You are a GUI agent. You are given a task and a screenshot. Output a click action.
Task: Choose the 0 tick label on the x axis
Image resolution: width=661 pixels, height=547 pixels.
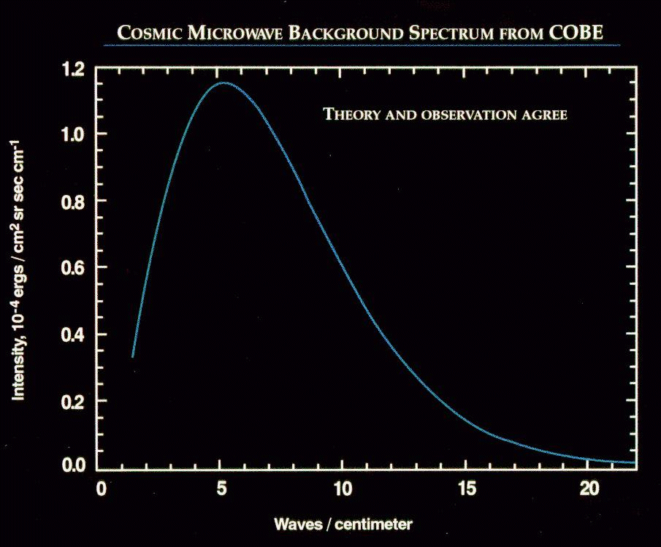tap(102, 487)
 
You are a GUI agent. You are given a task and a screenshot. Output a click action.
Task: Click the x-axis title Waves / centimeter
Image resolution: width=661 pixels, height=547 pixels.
tap(343, 524)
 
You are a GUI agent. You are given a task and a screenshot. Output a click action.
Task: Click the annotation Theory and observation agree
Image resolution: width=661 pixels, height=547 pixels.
tap(445, 115)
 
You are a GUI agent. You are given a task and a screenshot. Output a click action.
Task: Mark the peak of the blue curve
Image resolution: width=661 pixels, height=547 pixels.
tap(223, 83)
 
